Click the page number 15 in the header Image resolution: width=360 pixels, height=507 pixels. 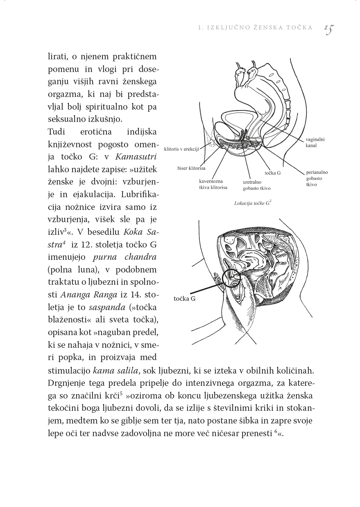click(x=329, y=29)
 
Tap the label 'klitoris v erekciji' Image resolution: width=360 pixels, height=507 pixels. click(x=181, y=149)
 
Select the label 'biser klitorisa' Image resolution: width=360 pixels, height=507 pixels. click(x=192, y=168)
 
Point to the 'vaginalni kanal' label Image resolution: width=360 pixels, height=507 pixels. click(x=315, y=142)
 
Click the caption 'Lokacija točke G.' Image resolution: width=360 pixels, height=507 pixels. click(x=252, y=203)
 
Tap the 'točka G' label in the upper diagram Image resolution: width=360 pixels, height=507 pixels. click(x=273, y=173)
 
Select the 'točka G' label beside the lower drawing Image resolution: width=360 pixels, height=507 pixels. click(x=185, y=299)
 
